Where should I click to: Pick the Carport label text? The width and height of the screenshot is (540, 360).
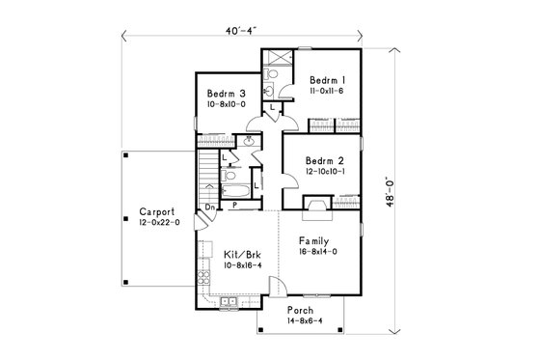pos(155,210)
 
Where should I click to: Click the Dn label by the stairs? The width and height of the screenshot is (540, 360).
pos(209,206)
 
